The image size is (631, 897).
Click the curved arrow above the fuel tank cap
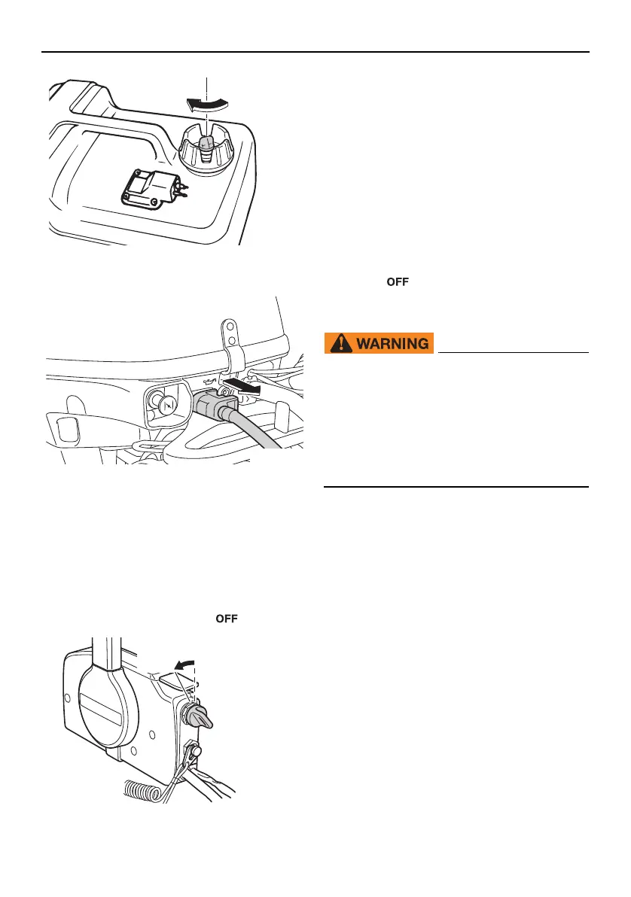pos(206,106)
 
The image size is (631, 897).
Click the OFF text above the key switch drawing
pos(227,619)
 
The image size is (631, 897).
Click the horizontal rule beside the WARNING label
pos(512,352)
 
